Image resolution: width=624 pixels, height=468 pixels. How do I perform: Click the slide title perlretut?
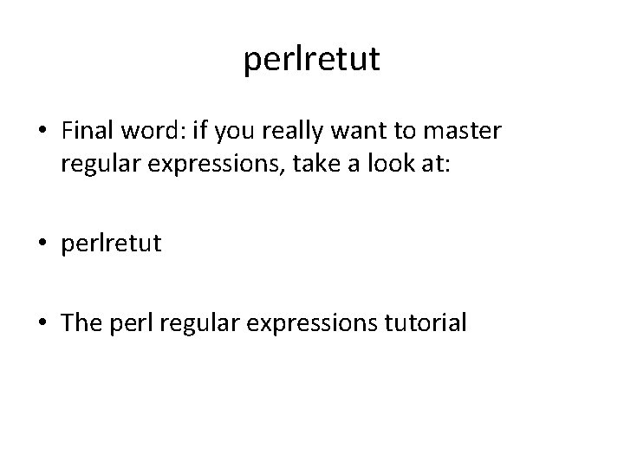coord(312,60)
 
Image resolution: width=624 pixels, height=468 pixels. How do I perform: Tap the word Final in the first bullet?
coord(88,131)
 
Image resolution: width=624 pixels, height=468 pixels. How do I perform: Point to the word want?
coord(346,132)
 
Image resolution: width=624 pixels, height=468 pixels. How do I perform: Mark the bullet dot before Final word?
coord(43,132)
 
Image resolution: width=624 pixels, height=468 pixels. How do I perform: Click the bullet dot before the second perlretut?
coord(43,242)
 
